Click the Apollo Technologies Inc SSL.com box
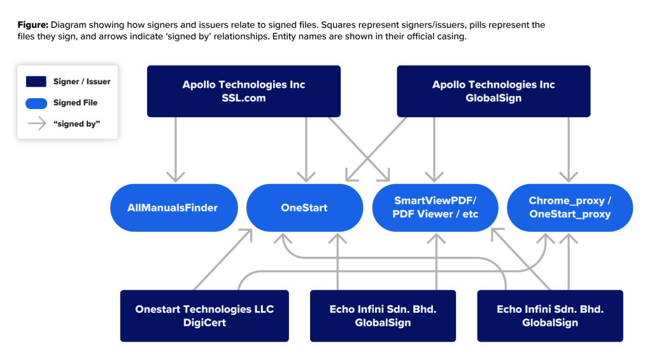pos(243,91)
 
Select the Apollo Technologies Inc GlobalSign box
pos(493,91)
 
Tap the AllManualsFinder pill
pos(173,208)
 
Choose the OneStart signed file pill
pos(304,208)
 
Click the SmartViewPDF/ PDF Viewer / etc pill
pos(436,208)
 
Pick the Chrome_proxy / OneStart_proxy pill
pos(569,208)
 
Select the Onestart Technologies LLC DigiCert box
pos(204,315)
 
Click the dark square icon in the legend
pos(36,82)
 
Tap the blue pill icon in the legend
pos(36,103)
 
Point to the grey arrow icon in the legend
pos(36,124)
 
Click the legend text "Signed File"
pos(76,103)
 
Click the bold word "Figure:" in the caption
pos(32,25)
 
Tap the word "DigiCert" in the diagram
pos(204,322)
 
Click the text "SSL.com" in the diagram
pos(243,98)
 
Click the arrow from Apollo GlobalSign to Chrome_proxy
pos(568,150)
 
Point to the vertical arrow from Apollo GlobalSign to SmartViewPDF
pos(435,150)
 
